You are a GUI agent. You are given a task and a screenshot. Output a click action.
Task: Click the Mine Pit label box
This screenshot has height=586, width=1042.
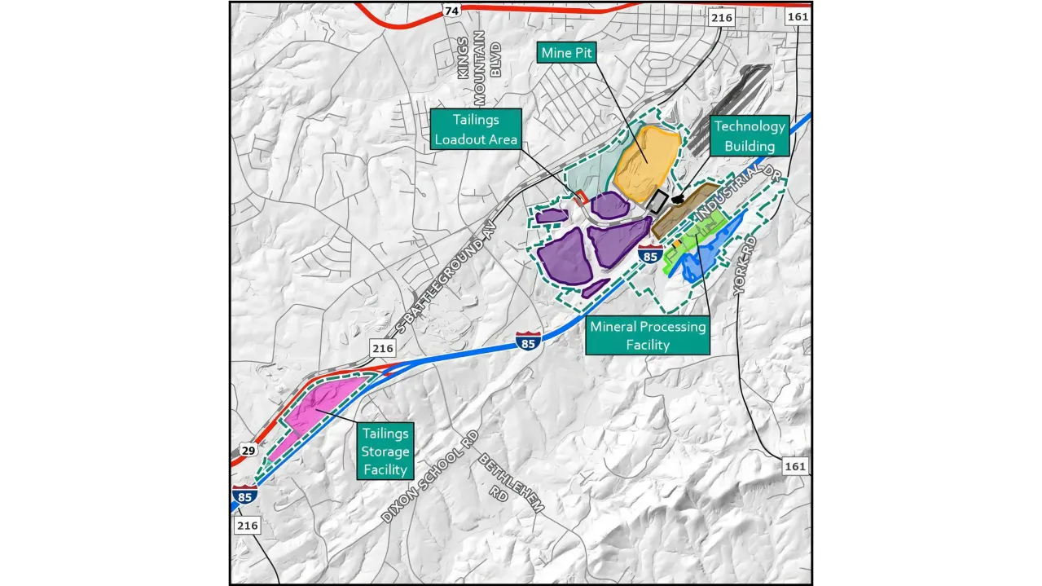[x=568, y=53]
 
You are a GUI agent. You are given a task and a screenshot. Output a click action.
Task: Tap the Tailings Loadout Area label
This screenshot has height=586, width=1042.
[x=476, y=130]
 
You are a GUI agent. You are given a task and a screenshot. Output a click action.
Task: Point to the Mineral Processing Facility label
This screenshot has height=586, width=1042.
[x=648, y=336]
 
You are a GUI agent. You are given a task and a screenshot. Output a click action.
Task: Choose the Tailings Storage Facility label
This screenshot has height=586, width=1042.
[x=385, y=450]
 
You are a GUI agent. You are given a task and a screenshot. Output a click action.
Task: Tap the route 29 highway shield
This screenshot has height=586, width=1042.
[x=248, y=450]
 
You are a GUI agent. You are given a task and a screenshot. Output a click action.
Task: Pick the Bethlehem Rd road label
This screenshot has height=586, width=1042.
[x=510, y=482]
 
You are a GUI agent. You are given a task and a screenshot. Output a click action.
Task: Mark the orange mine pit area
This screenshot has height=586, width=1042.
[x=646, y=161]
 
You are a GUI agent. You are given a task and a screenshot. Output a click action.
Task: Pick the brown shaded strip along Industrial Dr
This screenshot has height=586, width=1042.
[x=683, y=209]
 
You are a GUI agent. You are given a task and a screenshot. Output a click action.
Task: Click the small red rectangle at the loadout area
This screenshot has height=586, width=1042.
[x=582, y=197]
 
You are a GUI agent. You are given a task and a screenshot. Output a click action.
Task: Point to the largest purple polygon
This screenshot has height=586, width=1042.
[x=566, y=258]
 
